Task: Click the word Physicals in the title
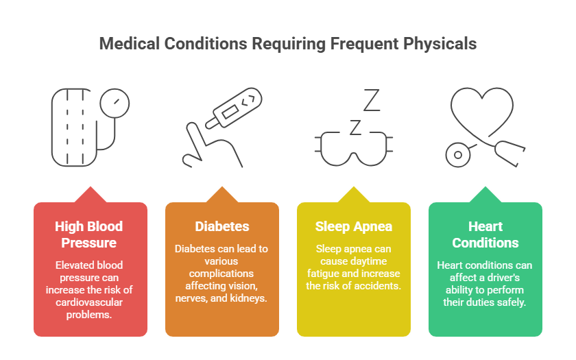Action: click(x=440, y=44)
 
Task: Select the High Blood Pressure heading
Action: click(x=89, y=235)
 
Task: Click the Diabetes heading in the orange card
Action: click(x=222, y=226)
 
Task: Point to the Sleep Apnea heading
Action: click(x=353, y=227)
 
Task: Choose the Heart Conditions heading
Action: click(x=485, y=235)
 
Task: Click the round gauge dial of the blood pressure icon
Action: click(x=115, y=104)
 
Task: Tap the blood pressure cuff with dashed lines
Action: click(x=74, y=128)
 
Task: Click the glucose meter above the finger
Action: click(x=234, y=108)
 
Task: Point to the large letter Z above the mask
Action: click(x=372, y=100)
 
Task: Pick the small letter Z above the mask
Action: click(x=355, y=128)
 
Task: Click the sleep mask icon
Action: click(x=354, y=149)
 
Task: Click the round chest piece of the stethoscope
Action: click(x=458, y=155)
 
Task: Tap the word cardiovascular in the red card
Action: click(x=89, y=302)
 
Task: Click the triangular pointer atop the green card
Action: click(x=485, y=195)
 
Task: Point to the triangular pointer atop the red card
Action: click(x=91, y=195)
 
